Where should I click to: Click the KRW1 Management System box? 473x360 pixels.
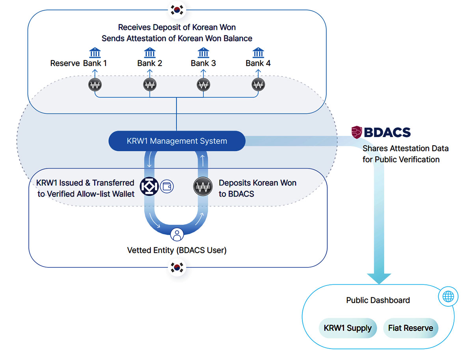(177, 141)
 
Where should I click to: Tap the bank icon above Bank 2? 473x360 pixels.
(150, 52)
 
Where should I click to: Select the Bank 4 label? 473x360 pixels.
(258, 63)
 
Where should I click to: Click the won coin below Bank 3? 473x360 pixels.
(203, 85)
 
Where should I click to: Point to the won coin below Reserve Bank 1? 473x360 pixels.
(95, 85)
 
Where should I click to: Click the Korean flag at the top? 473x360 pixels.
(177, 10)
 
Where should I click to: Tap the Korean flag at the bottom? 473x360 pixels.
(177, 267)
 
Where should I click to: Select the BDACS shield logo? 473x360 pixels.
(356, 132)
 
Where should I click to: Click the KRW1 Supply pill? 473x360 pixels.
(348, 328)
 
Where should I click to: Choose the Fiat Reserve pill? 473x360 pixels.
(410, 328)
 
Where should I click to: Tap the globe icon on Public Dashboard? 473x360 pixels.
(448, 296)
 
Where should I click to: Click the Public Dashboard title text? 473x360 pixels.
(378, 300)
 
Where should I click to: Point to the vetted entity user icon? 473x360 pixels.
(177, 234)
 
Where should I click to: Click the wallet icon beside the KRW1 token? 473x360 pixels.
(167, 186)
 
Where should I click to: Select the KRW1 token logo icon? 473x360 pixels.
(149, 186)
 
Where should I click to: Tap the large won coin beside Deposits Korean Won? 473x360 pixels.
(203, 186)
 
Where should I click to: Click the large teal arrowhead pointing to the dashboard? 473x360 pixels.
(379, 278)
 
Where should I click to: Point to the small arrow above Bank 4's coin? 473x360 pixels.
(258, 73)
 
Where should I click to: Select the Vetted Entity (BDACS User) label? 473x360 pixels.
(177, 250)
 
